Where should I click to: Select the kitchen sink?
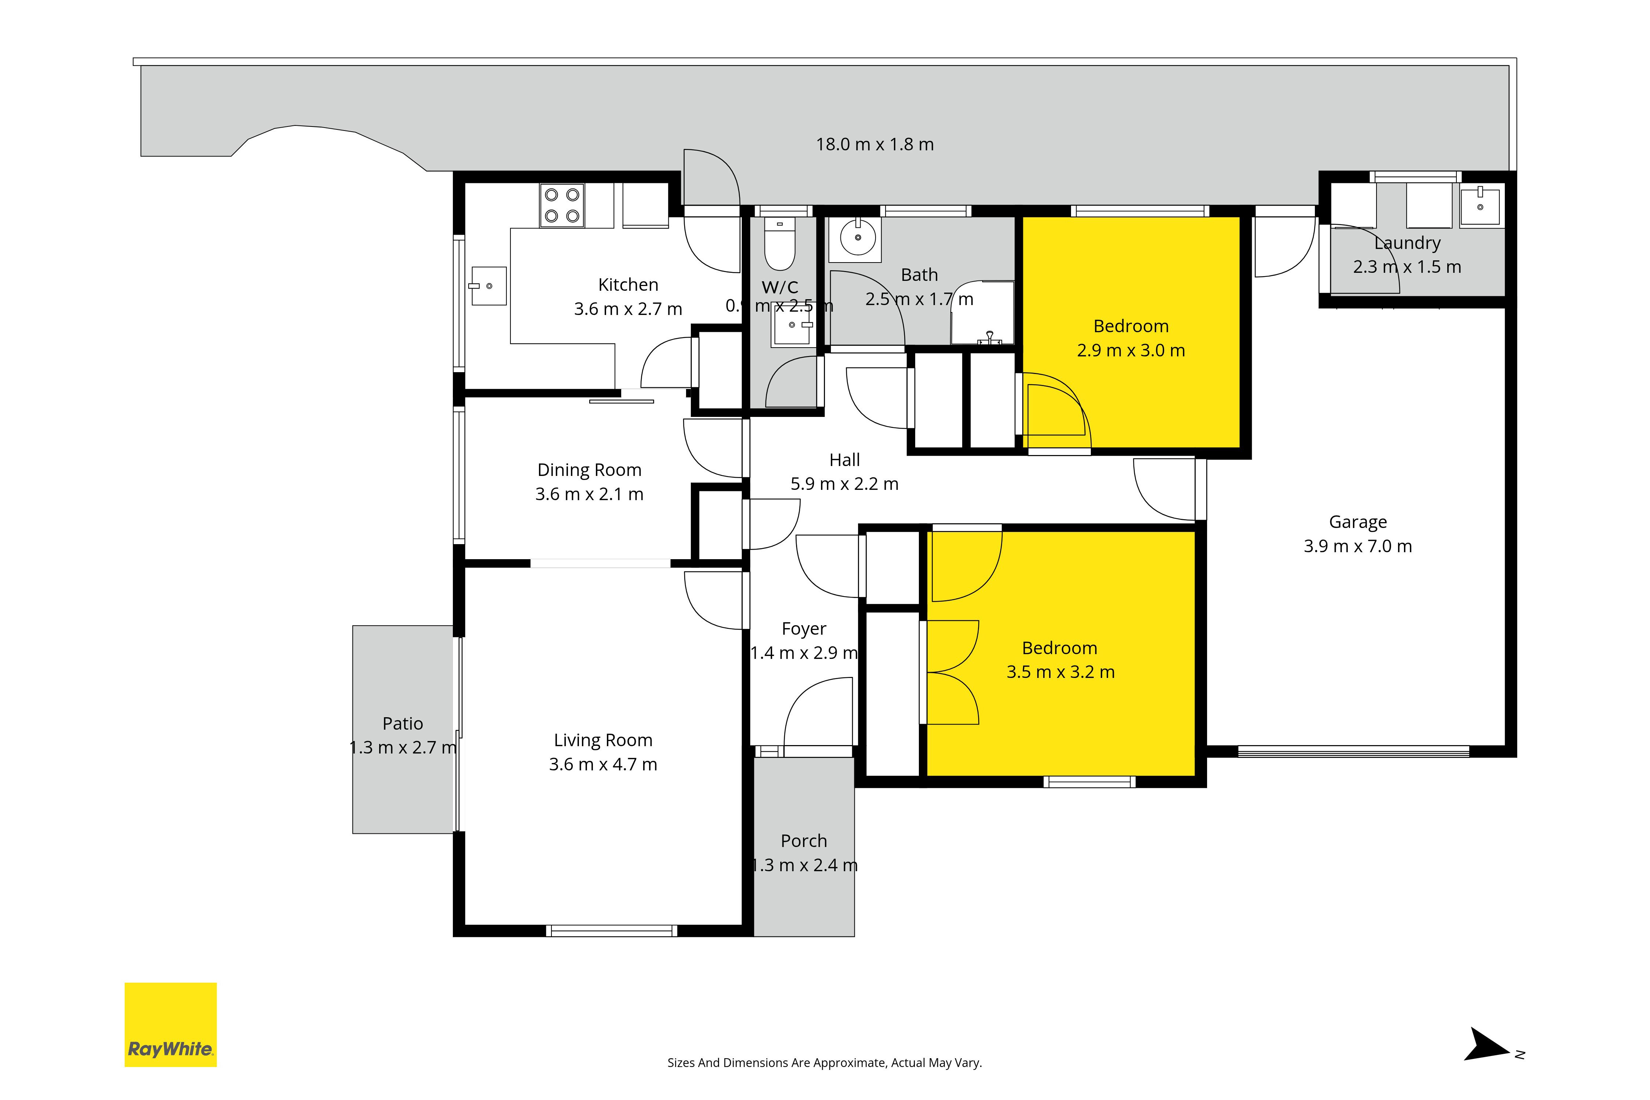click(x=488, y=286)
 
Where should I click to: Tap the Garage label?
click(x=1357, y=522)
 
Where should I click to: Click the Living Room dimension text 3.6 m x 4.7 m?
click(x=602, y=764)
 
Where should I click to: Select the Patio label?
click(x=403, y=723)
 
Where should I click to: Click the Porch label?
click(x=804, y=840)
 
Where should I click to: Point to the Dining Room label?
click(x=589, y=470)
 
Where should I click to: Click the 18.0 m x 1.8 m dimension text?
click(x=875, y=144)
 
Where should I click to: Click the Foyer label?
click(x=804, y=628)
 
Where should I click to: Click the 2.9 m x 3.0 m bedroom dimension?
click(x=1131, y=350)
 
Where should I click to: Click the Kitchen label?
click(x=628, y=285)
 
